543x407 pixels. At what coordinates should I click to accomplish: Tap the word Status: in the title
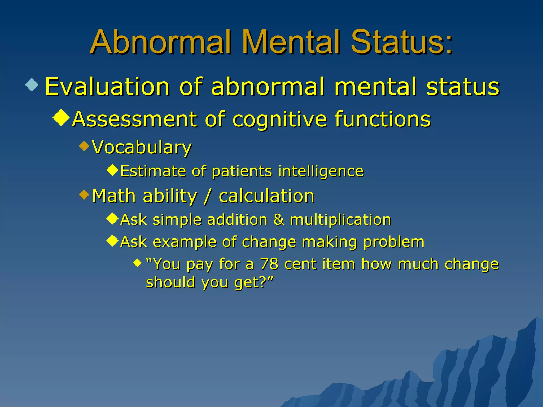401,42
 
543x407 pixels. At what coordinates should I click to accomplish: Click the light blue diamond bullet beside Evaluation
32,85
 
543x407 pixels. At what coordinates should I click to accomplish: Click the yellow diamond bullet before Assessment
61,117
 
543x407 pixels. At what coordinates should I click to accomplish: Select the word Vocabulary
142,147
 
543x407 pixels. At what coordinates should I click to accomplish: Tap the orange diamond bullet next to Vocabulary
84,146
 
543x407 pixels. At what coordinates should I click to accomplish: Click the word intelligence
321,171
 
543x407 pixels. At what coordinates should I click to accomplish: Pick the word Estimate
153,171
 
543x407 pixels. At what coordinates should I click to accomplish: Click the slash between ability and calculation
208,196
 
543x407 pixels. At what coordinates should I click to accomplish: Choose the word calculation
266,196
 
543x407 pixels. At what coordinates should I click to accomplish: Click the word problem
393,242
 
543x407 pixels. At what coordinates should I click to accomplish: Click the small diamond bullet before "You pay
138,263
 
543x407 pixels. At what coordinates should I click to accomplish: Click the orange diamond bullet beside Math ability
84,195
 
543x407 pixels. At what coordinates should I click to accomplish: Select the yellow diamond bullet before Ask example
112,241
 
